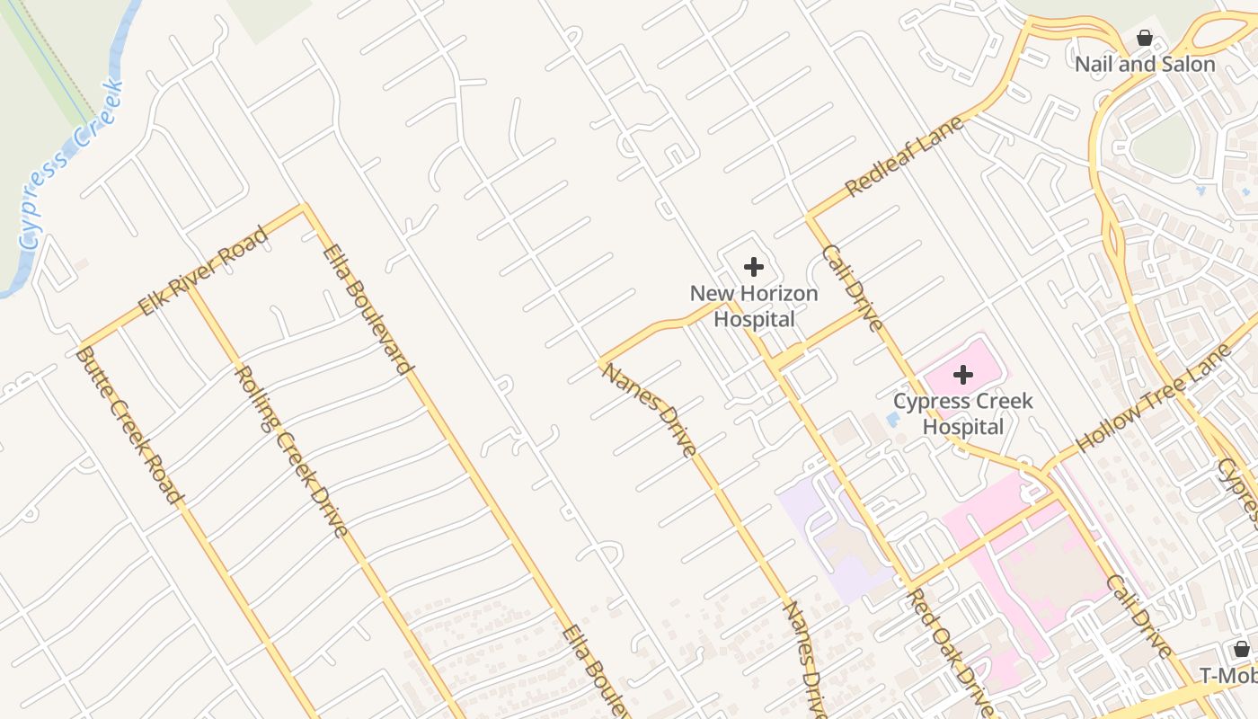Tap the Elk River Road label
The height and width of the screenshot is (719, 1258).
204,272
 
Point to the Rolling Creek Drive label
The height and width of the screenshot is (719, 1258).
291,451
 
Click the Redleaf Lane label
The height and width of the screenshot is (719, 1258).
905,155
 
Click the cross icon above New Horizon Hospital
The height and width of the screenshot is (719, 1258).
754,266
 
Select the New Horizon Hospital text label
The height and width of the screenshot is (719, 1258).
754,306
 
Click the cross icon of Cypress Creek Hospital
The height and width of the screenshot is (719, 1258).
963,374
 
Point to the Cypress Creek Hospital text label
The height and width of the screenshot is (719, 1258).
963,413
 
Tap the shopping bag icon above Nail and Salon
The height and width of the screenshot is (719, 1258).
1145,38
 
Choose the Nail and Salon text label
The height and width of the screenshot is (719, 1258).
1145,65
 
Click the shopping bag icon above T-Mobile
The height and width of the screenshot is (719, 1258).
1242,649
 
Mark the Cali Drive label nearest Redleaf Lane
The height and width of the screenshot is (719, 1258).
852,288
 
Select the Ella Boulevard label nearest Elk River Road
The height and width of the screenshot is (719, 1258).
368,309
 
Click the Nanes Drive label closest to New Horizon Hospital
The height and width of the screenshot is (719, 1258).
650,410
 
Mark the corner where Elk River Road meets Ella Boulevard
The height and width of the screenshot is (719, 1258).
305,208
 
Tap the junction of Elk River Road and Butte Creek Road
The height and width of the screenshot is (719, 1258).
81,347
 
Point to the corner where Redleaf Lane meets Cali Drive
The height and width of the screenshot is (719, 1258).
810,217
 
